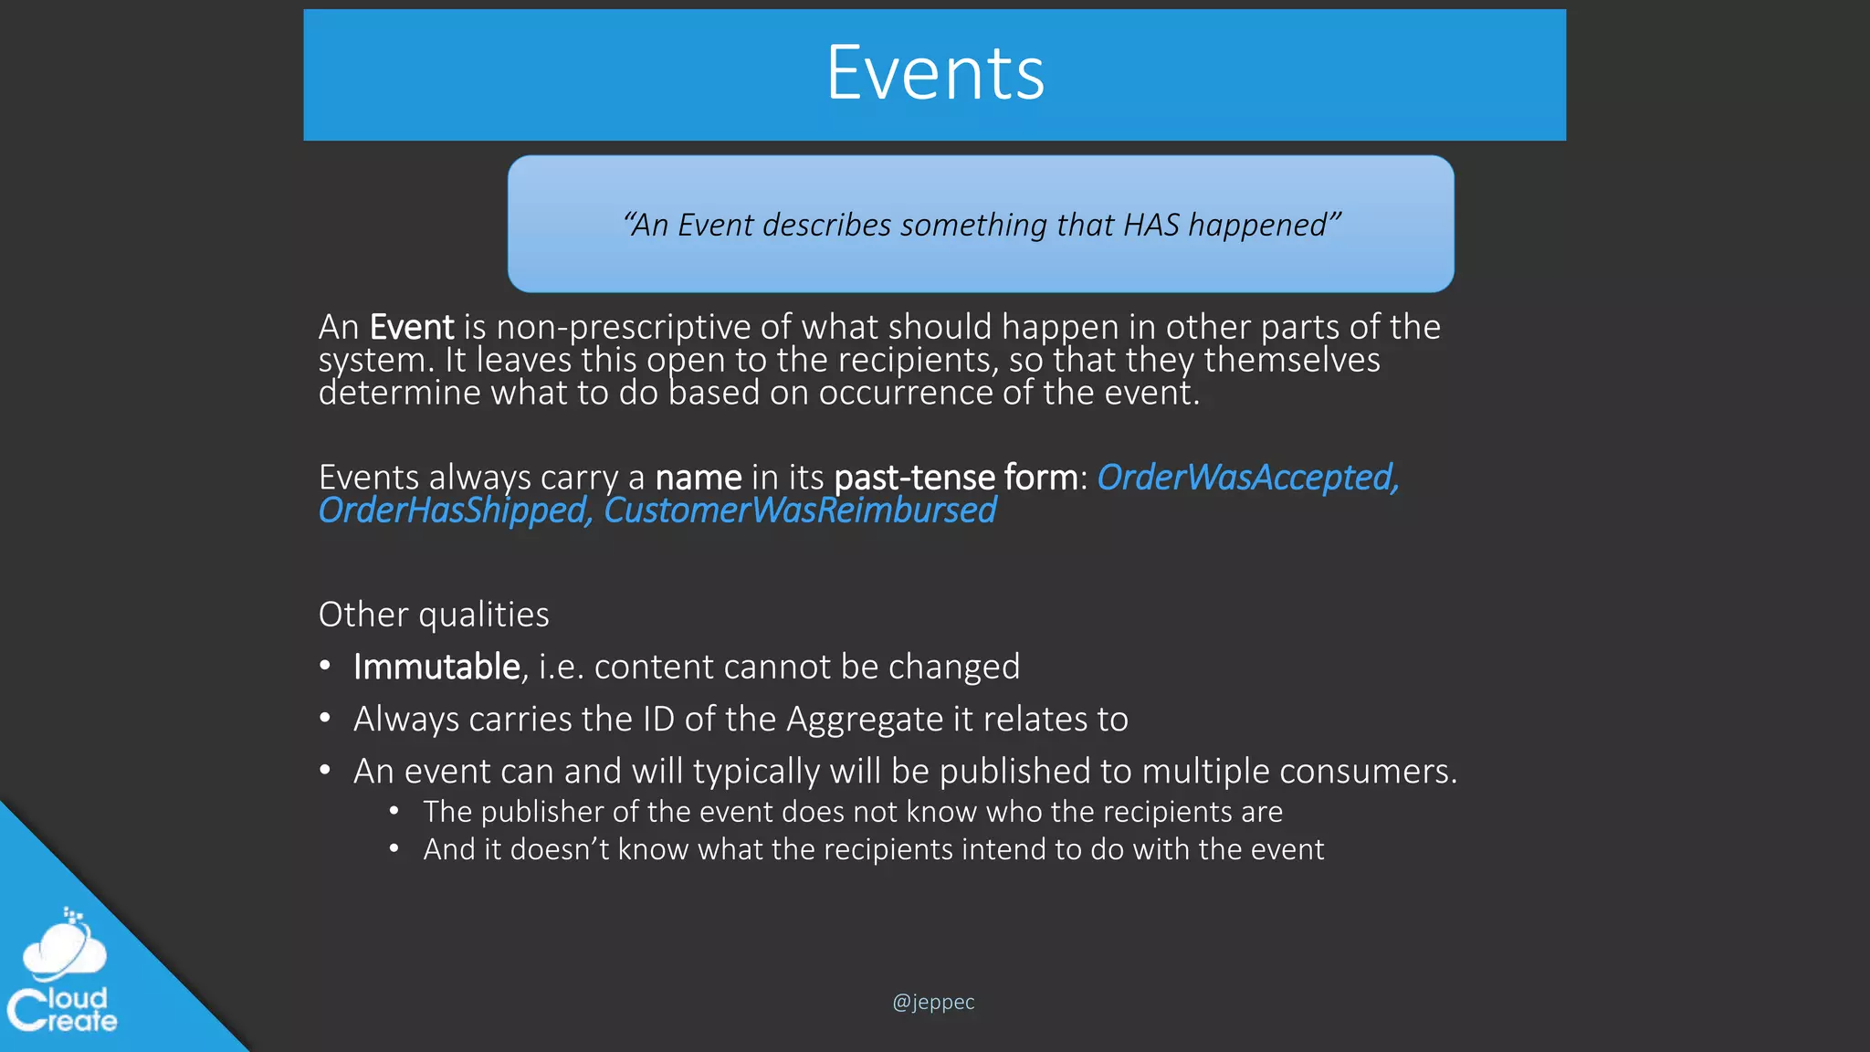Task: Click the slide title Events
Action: coord(935,73)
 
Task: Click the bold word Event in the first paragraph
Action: coord(412,327)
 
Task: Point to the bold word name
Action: coord(699,478)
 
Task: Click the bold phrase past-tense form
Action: coord(956,478)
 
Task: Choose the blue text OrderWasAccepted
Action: coord(1247,478)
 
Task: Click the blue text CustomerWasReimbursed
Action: coord(800,510)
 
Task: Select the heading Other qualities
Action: coord(434,615)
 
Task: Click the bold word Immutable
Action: coord(436,667)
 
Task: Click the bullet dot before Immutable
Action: coord(325,666)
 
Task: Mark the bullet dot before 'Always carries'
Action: coord(325,719)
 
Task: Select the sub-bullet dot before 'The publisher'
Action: coord(394,811)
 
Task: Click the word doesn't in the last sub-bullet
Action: coord(559,849)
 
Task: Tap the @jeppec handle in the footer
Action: coord(933,1002)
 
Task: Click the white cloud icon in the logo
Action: coord(64,950)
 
